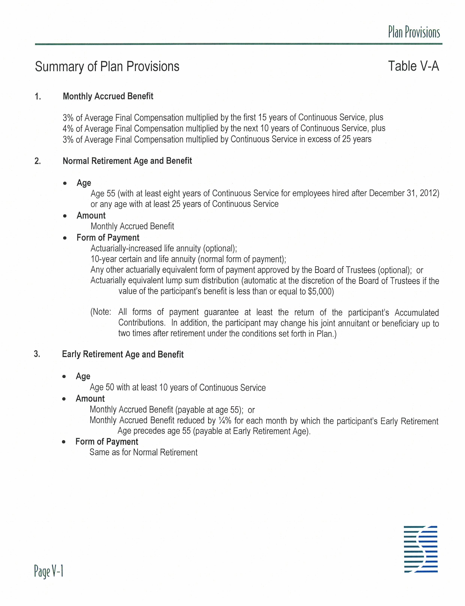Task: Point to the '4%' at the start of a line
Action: coord(68,129)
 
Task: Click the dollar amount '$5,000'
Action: coord(321,291)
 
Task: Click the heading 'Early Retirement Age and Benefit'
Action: coord(123,354)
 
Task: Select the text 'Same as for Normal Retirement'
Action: coord(143,452)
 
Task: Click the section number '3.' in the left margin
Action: coord(37,354)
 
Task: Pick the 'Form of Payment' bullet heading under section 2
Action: coord(108,238)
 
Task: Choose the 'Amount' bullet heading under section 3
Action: coord(90,399)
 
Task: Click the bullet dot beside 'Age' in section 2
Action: coord(65,183)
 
